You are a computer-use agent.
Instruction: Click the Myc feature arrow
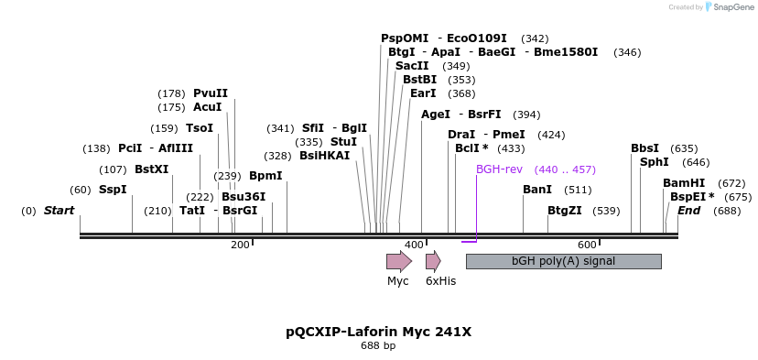[x=399, y=261]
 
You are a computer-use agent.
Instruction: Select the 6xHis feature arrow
[x=433, y=261]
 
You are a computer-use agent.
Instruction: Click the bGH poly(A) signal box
[x=563, y=261]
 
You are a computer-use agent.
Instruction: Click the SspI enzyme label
[x=113, y=190]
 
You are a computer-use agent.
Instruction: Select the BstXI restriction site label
[x=152, y=169]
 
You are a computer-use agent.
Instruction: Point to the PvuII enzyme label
[x=211, y=93]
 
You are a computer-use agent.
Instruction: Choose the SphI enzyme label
[x=655, y=162]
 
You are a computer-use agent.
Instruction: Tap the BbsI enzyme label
[x=644, y=148]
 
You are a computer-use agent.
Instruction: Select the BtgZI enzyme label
[x=565, y=211]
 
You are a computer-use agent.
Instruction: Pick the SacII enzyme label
[x=412, y=66]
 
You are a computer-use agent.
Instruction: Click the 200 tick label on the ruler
[x=240, y=245]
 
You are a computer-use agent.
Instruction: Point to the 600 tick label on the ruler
[x=587, y=245]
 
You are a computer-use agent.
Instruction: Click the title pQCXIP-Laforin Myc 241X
[x=378, y=332]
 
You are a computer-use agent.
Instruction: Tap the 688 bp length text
[x=378, y=346]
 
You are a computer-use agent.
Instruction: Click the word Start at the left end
[x=60, y=211]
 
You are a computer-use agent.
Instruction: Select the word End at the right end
[x=688, y=211]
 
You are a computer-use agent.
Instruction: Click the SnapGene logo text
[x=731, y=7]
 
